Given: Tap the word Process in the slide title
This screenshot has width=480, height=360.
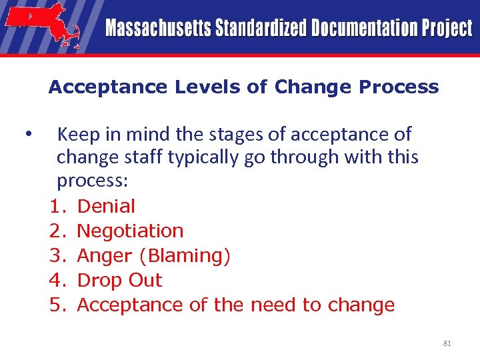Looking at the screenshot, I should (399, 87).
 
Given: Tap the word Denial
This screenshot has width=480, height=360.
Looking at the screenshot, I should (106, 207).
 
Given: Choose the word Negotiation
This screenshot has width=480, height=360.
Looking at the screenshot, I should (130, 231).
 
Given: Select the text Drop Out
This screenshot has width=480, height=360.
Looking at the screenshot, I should (119, 281).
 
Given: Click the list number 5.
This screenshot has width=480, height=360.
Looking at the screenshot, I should (57, 305).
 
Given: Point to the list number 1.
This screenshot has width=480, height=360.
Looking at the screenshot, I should (57, 207).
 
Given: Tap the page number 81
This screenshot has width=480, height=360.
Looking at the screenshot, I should (447, 344).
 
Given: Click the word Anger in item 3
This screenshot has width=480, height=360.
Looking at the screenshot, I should (105, 256).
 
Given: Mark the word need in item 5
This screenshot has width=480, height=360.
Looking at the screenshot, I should (274, 305).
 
